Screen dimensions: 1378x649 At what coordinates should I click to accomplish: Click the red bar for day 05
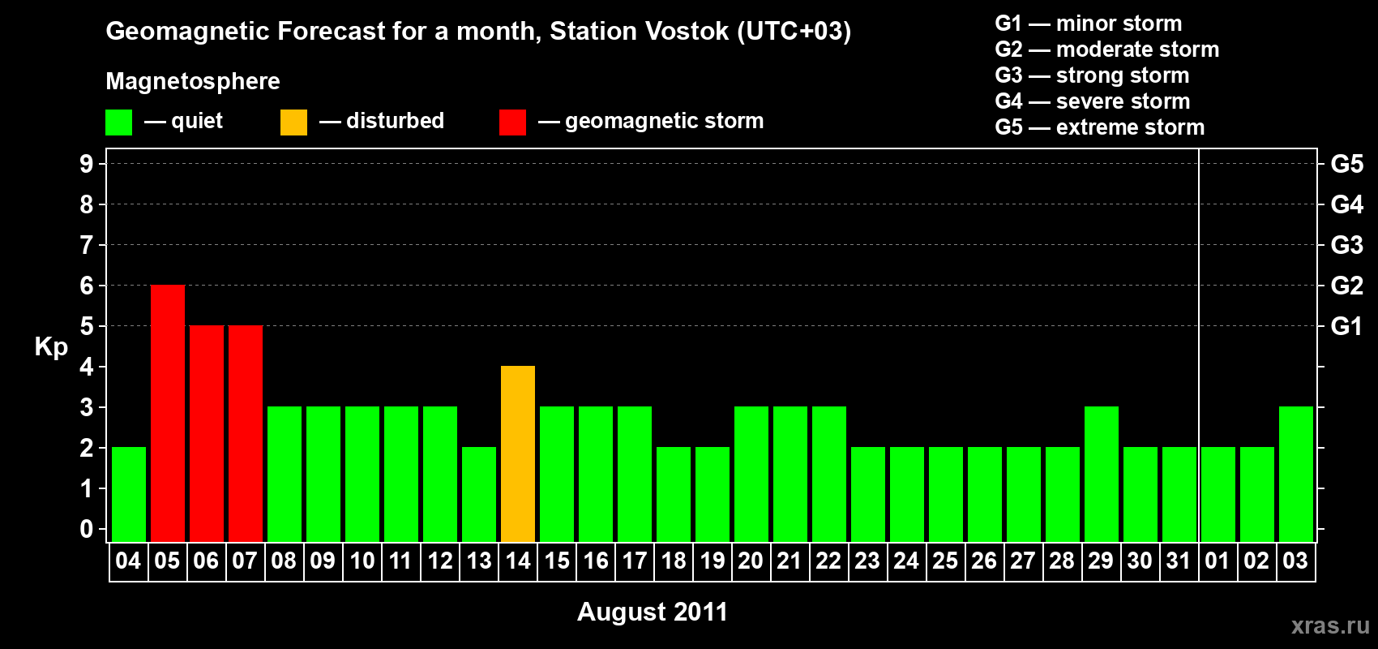167,413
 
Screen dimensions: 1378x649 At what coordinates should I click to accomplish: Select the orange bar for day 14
518,453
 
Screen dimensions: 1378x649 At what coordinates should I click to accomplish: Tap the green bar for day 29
1101,474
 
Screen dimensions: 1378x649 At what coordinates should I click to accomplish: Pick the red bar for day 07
246,433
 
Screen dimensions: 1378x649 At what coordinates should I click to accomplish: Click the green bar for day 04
129,494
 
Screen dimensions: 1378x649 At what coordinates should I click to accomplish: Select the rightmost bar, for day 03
1295,474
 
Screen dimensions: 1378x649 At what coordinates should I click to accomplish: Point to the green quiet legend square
118,122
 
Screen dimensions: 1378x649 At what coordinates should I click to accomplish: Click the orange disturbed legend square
293,122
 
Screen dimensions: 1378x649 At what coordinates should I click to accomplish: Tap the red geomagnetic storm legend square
512,122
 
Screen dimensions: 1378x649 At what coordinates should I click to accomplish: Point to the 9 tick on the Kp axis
86,164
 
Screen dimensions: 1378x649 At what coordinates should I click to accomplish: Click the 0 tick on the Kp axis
86,529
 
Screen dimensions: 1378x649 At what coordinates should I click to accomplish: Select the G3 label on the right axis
1347,245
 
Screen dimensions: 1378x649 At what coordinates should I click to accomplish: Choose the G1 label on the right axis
1347,326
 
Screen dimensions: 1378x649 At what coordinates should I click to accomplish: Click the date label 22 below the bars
828,561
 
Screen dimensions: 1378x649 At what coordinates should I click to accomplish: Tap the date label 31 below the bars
1178,561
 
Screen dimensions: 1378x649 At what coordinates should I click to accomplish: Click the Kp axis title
51,347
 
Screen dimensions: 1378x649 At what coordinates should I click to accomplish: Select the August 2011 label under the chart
652,612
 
